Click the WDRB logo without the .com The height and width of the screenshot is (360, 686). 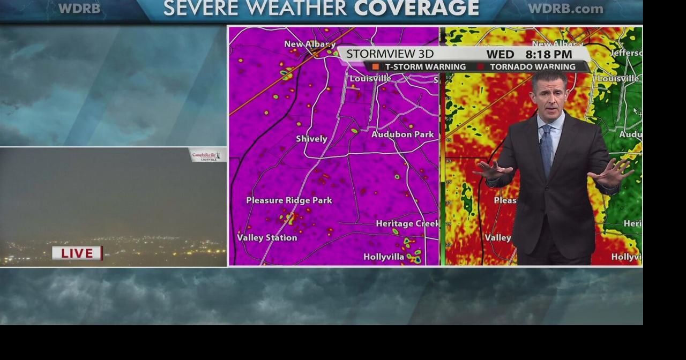[x=79, y=9]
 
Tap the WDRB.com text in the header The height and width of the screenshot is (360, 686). [x=565, y=9]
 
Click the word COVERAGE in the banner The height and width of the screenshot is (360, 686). [x=416, y=8]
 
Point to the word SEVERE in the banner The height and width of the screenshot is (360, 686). [x=200, y=8]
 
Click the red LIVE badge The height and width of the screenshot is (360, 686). [x=77, y=253]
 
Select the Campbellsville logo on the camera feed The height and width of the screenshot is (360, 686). [x=206, y=155]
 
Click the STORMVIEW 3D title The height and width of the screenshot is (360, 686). [x=390, y=54]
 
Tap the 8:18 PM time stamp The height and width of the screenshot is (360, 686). [x=548, y=54]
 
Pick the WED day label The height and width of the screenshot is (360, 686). [x=500, y=54]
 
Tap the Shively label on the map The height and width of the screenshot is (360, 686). [x=311, y=139]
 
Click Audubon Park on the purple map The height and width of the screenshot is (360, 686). [x=402, y=134]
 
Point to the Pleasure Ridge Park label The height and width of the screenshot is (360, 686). [x=289, y=200]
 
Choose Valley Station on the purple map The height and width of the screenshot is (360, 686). [x=267, y=238]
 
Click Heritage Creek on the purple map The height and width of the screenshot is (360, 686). [x=407, y=223]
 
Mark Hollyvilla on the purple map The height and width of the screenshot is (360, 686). [x=384, y=257]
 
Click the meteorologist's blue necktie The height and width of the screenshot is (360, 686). [x=546, y=150]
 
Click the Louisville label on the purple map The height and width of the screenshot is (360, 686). [x=370, y=79]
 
